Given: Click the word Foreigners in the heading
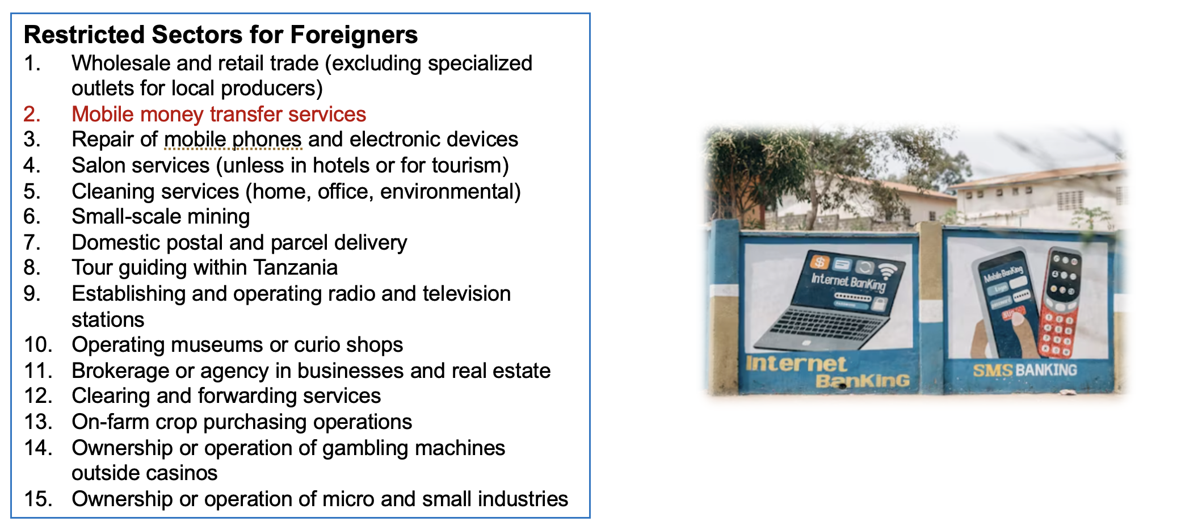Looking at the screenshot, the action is point(354,35).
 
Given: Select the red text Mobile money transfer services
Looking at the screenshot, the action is point(219,115).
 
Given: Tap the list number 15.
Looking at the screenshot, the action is point(38,499).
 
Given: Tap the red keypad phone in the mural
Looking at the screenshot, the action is point(1059,303).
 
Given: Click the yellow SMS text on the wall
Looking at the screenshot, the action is point(993,371).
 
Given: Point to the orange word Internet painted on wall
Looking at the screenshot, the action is point(796,364).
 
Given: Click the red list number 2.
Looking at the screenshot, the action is point(32,115).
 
